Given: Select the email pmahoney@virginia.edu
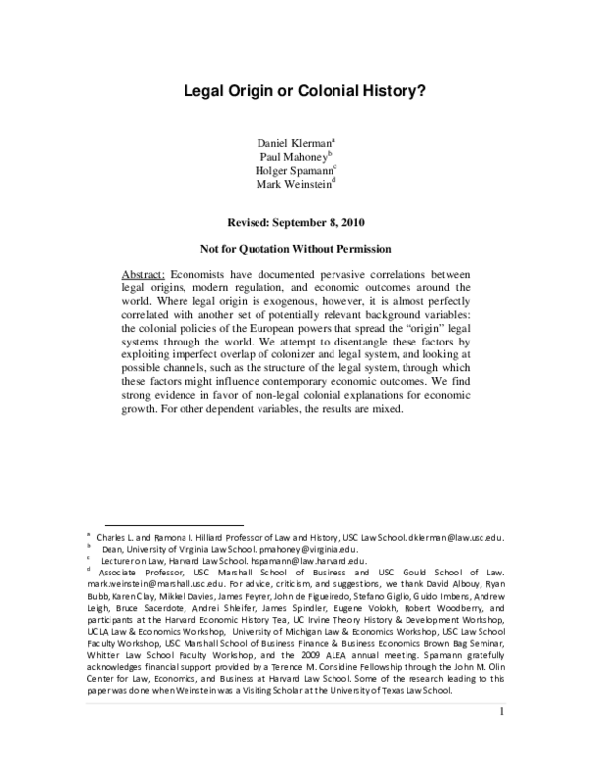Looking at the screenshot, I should tap(308, 549).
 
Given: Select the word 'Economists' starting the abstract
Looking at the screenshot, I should tap(202, 273).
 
